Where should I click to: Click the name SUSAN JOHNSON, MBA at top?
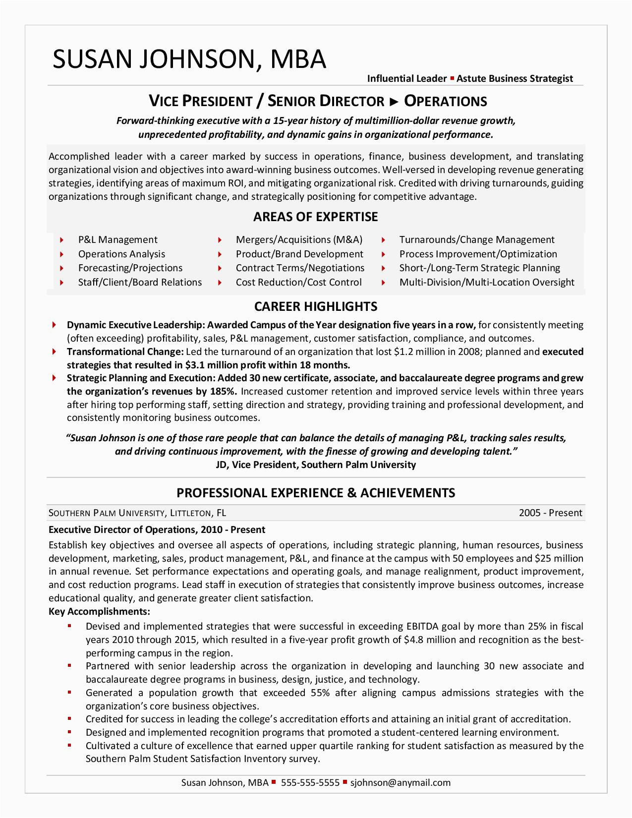[189, 59]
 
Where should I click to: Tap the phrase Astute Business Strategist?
[515, 78]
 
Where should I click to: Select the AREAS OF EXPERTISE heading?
[315, 217]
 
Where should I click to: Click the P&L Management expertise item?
[117, 240]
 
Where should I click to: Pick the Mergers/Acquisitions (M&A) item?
[299, 240]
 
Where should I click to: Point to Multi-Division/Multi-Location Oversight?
[486, 283]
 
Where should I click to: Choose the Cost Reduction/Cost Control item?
[298, 283]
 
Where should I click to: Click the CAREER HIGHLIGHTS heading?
[315, 306]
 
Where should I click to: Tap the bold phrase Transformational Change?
[125, 352]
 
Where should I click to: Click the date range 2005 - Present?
[550, 513]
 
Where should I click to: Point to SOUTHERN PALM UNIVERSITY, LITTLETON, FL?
[137, 513]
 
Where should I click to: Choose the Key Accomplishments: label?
[99, 611]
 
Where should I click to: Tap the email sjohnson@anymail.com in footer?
[400, 783]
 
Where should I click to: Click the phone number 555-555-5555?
[310, 783]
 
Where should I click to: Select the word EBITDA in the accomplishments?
[425, 626]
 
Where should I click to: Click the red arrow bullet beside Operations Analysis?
[61, 254]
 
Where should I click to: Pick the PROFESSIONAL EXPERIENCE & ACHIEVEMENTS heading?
[316, 493]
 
